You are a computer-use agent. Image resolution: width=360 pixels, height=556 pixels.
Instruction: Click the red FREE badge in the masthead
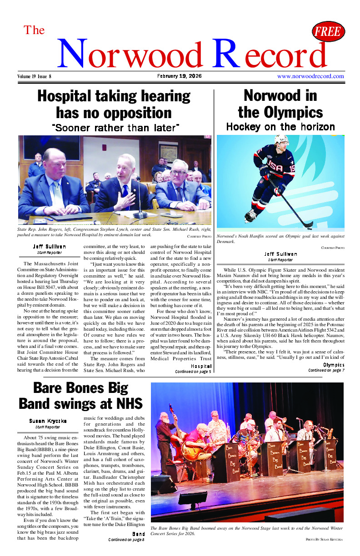pos(328,32)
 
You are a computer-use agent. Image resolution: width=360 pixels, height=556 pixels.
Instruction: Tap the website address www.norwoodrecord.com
pos(310,76)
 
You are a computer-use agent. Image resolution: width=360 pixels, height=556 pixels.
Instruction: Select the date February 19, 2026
pos(180,76)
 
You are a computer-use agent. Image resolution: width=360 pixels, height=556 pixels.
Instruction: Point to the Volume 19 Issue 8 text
pos(35,76)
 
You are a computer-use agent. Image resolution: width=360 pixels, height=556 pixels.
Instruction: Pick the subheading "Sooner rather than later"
pos(115,128)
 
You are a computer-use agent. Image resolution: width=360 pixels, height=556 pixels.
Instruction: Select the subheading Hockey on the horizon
pos(280,127)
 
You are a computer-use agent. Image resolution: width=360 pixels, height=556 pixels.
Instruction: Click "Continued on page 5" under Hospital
pos(193,372)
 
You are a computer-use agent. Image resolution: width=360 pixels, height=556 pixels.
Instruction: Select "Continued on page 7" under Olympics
pos(326,370)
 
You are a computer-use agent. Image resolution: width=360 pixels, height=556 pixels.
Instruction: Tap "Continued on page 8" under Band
pos(126,540)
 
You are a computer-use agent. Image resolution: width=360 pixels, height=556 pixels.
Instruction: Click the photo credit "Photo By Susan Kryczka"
pos(325,539)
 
